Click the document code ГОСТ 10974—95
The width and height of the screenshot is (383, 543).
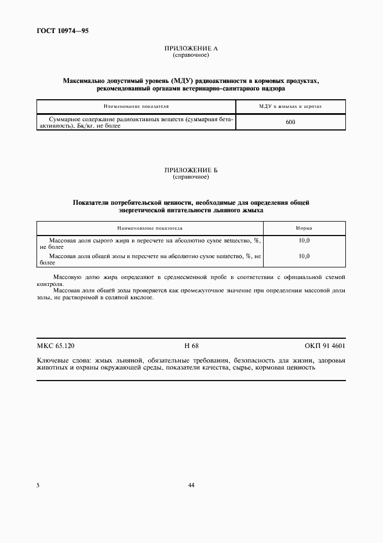click(63, 30)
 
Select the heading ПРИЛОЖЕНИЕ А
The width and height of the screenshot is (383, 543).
click(191, 49)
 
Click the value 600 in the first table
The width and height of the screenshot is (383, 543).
click(290, 122)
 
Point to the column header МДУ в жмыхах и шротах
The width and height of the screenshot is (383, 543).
click(290, 107)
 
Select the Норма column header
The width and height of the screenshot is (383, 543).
click(304, 229)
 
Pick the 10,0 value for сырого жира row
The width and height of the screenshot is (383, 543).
click(304, 240)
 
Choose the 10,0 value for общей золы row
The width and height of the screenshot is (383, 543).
click(304, 256)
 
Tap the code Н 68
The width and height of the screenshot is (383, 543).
click(191, 346)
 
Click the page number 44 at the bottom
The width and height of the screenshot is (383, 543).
click(191, 485)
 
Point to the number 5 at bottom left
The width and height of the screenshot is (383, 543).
click(38, 485)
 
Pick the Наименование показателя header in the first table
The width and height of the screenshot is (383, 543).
click(136, 107)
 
